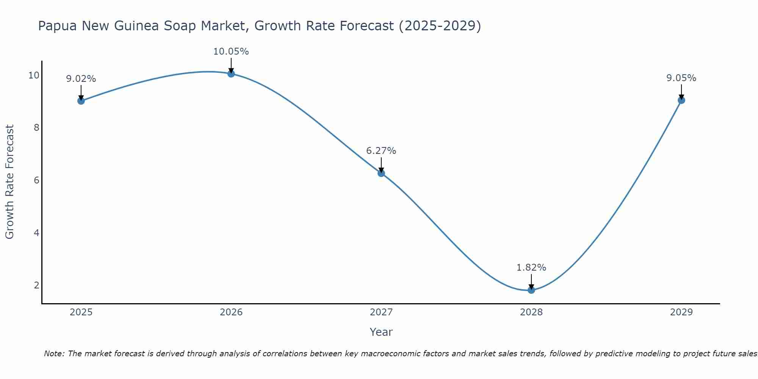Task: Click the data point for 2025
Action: [81, 101]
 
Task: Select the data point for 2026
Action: [231, 74]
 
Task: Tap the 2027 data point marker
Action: [381, 173]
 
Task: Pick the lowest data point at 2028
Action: [531, 290]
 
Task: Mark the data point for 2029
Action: [681, 100]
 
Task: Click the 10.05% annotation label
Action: [231, 52]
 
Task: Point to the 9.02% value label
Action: [81, 79]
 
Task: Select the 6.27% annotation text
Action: [381, 151]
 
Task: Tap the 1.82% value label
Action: [531, 268]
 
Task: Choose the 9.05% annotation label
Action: [681, 78]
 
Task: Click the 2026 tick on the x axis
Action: [231, 312]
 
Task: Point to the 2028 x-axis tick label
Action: [531, 312]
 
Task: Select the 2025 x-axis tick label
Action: [81, 312]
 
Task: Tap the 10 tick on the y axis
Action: [34, 75]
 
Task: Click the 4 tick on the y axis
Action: [36, 233]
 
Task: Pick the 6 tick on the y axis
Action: [36, 180]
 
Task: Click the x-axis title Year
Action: [381, 332]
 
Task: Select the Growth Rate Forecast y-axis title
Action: [10, 182]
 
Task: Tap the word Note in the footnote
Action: [54, 354]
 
